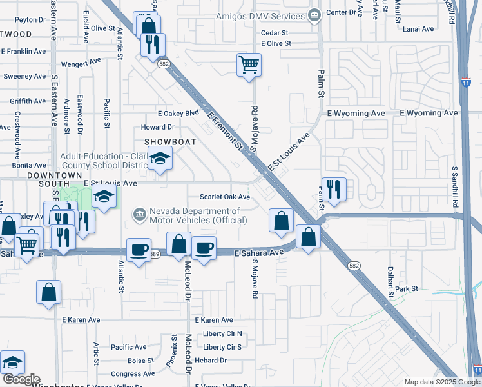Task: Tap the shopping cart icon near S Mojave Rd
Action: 249,64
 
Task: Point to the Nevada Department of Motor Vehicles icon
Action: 140,215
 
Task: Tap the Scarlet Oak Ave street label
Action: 225,197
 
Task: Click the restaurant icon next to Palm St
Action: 333,189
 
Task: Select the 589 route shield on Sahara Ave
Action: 155,254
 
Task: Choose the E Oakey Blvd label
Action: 178,113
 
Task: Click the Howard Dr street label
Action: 157,128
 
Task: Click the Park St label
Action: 407,288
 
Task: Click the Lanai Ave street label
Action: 418,29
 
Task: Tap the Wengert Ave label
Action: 81,63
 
